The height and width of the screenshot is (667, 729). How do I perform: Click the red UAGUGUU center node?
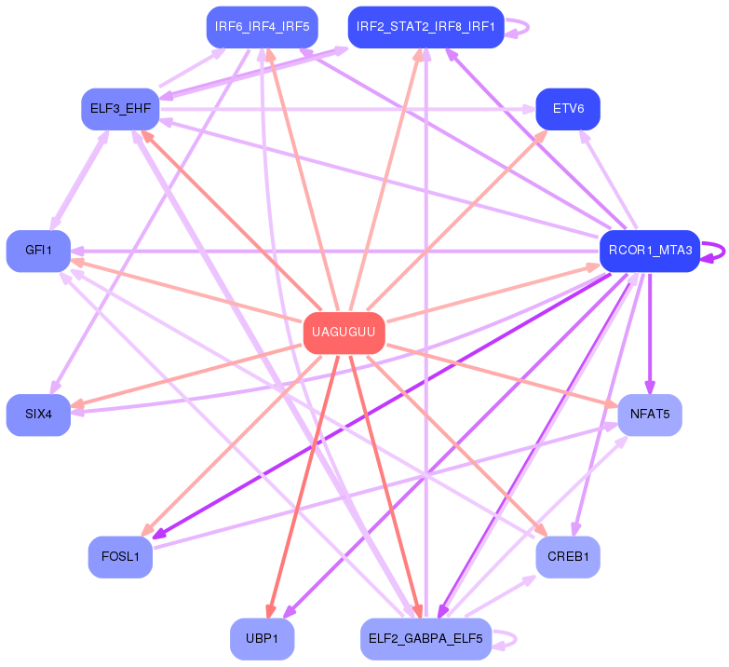[344, 333]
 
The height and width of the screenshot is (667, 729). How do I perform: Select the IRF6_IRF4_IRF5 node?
[262, 26]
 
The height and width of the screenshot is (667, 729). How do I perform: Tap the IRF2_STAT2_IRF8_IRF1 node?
[426, 26]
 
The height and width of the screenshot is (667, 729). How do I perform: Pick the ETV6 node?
[568, 109]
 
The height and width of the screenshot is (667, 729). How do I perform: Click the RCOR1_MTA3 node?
[649, 251]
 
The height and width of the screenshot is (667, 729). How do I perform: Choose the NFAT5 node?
[649, 414]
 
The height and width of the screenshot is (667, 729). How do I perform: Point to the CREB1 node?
[568, 557]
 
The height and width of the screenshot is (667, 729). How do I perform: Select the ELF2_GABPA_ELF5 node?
[425, 638]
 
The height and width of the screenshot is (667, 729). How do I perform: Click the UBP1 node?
[262, 638]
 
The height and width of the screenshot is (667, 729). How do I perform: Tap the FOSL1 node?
[120, 557]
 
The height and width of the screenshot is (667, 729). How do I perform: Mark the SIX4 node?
[38, 414]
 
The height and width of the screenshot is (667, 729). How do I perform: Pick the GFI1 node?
[38, 251]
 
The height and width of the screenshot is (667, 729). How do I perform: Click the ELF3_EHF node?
[120, 109]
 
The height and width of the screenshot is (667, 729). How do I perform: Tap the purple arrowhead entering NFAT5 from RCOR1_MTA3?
[650, 388]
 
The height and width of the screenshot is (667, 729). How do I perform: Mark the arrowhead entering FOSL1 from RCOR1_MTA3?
[158, 536]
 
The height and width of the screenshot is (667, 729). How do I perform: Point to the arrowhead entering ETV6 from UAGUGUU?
[543, 135]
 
